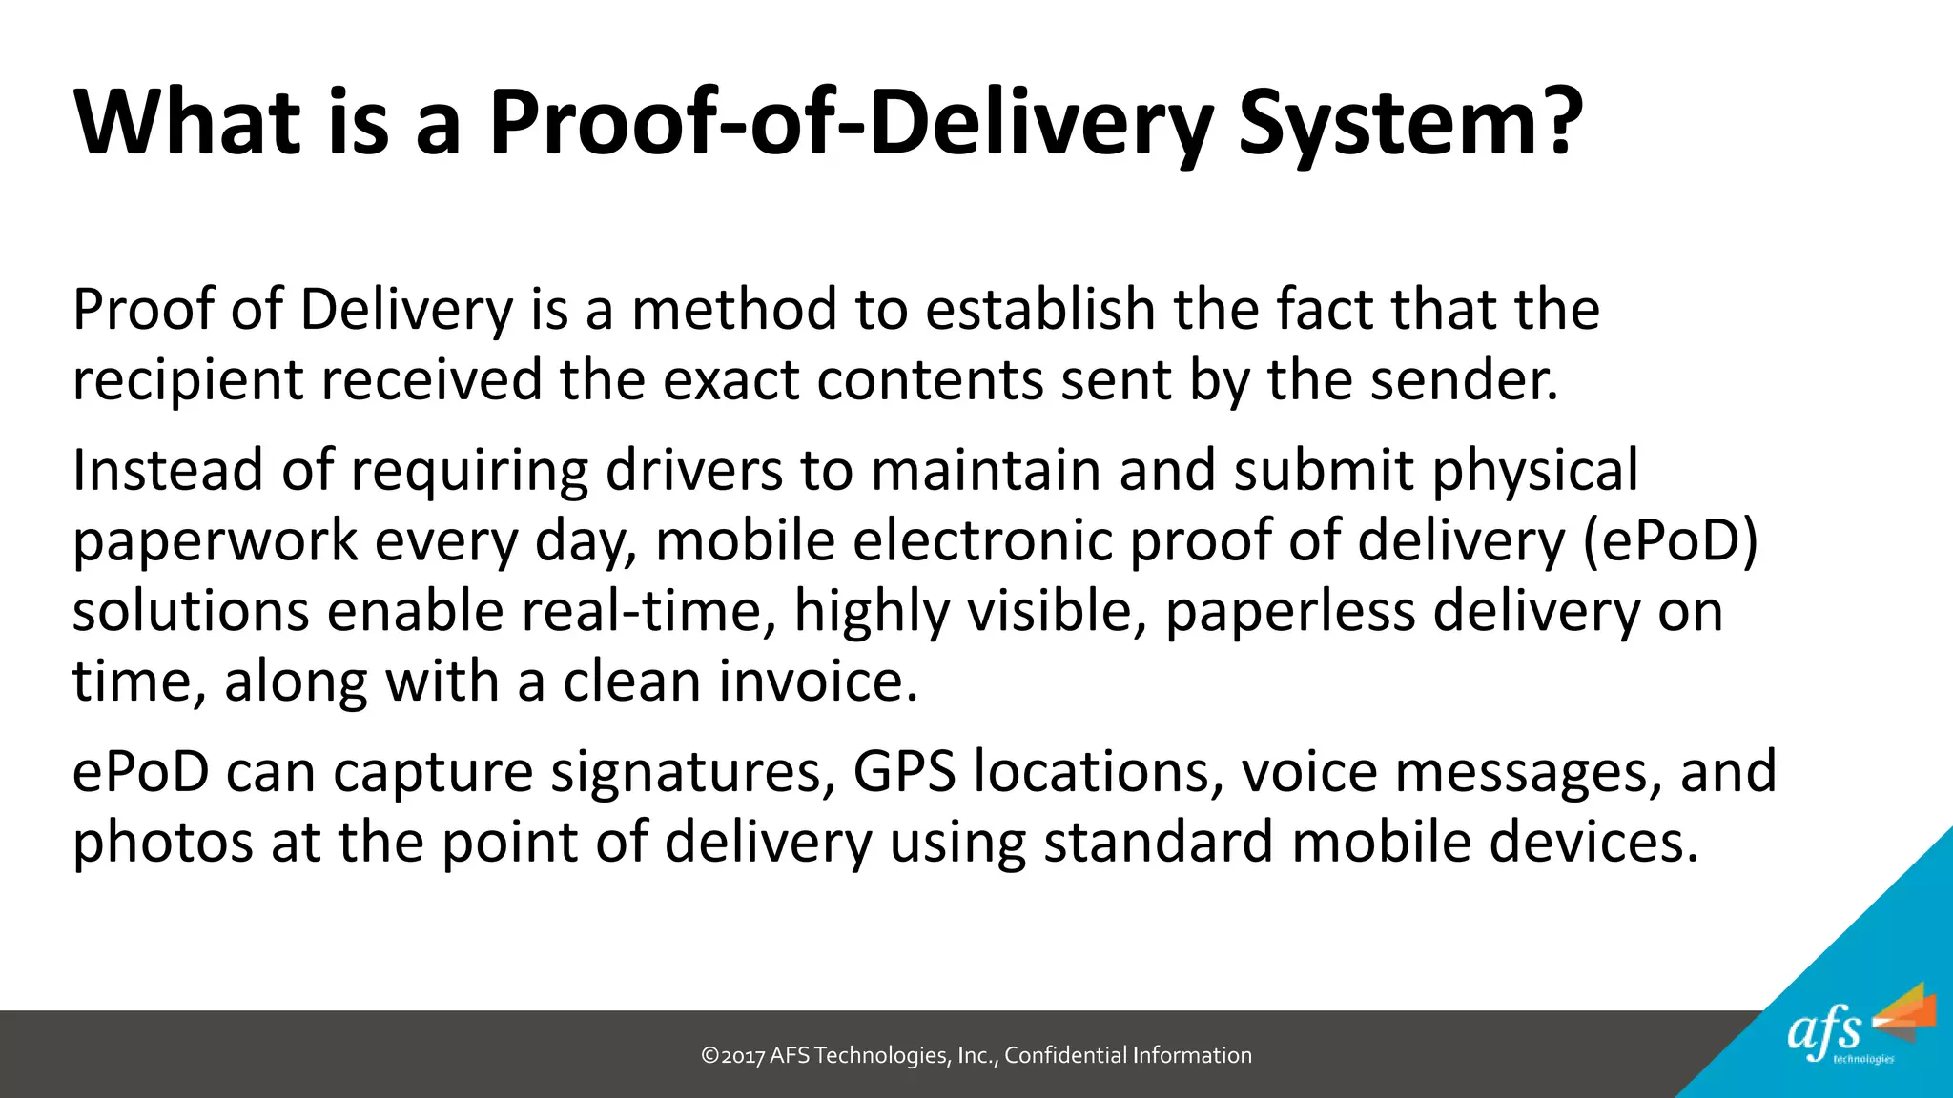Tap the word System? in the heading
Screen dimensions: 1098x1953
pyautogui.click(x=1410, y=124)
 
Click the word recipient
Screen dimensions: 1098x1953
pyautogui.click(x=187, y=381)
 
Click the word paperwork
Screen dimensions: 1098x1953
pyautogui.click(x=215, y=541)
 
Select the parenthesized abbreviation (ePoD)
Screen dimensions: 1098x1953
pyautogui.click(x=1670, y=540)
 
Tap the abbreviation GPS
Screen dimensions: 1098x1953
pyautogui.click(x=904, y=771)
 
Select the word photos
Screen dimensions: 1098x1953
pyautogui.click(x=162, y=843)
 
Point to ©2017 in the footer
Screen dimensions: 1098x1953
pyautogui.click(x=732, y=1055)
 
